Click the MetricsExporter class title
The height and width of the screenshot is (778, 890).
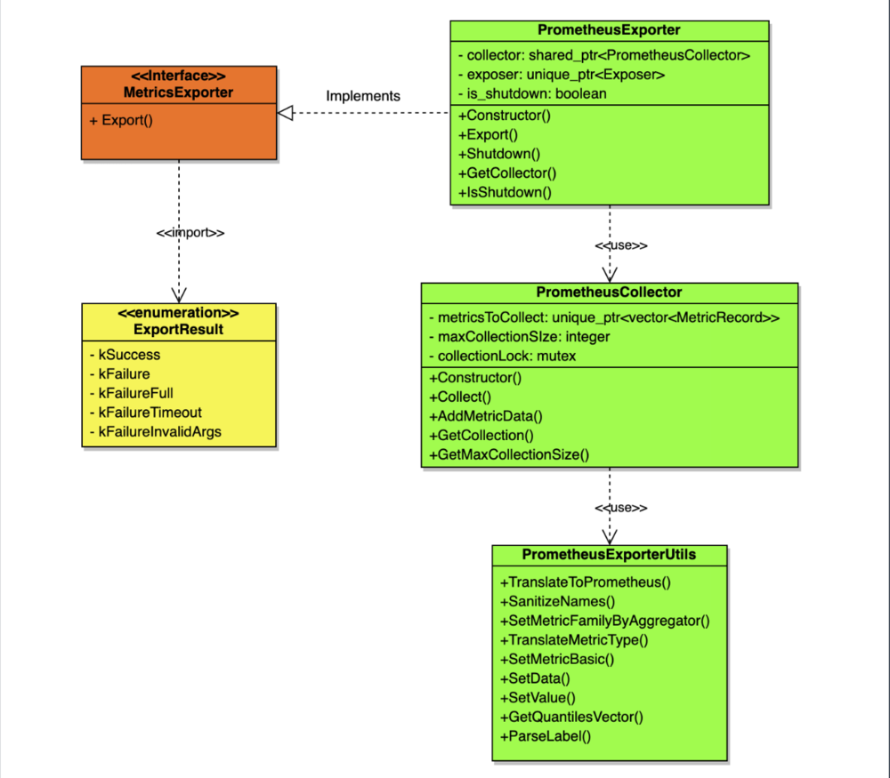coord(179,92)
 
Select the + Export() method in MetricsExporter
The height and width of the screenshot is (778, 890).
coord(121,119)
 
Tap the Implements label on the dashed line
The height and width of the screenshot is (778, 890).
coord(363,96)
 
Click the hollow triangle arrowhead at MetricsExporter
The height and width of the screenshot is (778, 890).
coord(285,113)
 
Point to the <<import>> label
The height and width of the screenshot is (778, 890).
coord(190,232)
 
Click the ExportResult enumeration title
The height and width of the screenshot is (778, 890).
coord(179,330)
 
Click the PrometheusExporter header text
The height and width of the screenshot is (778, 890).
coord(609,30)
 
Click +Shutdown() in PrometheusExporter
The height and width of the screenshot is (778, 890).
coord(499,154)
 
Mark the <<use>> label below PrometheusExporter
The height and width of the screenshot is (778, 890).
coord(621,245)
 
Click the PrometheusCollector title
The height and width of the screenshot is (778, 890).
coord(610,292)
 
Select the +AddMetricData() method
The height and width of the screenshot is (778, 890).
coord(486,416)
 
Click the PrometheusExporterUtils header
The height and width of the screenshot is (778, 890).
coord(609,555)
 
